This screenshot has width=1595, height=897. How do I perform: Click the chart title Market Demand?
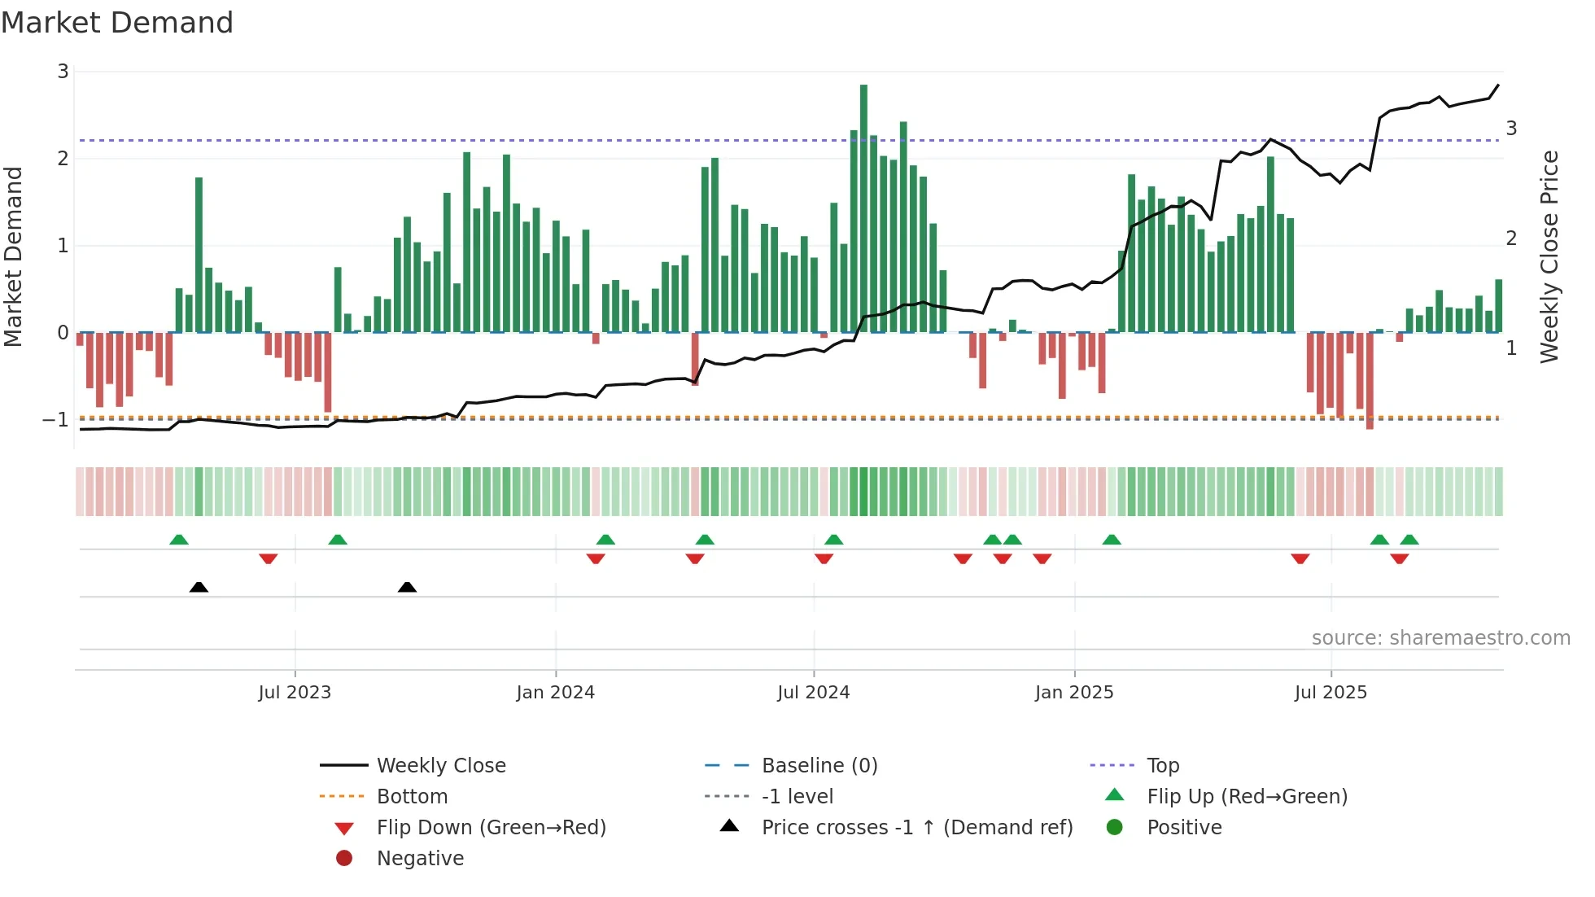(x=117, y=23)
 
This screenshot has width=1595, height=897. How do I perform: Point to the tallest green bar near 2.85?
(x=863, y=208)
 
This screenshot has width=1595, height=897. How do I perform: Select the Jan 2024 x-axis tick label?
(x=556, y=693)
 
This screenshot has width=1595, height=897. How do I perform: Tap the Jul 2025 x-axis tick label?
(x=1331, y=693)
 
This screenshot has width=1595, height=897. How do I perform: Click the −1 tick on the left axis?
(x=56, y=420)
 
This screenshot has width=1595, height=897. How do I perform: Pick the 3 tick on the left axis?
(x=63, y=72)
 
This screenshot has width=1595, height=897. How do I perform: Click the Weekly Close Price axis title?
(x=1549, y=256)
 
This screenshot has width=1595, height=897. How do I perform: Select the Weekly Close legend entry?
(x=440, y=766)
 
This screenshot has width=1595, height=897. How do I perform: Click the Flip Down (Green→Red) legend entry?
(x=491, y=828)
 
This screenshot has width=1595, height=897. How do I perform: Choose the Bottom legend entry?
(x=412, y=797)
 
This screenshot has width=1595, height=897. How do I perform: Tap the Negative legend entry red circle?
(x=344, y=859)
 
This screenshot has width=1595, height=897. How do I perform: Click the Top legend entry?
(x=1162, y=766)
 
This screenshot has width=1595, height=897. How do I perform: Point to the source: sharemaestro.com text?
(x=1440, y=638)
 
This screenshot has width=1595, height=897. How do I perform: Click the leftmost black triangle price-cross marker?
(x=199, y=587)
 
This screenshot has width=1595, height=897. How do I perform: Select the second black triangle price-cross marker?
(x=407, y=587)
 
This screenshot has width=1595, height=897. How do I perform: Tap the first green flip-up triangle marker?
(x=179, y=540)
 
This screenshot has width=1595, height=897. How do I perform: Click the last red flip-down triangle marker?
(x=1399, y=558)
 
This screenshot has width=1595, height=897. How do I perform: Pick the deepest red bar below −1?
(x=1370, y=380)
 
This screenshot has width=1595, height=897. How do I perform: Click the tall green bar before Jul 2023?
(x=199, y=255)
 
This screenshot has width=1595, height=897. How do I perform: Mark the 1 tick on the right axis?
(x=1511, y=348)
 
